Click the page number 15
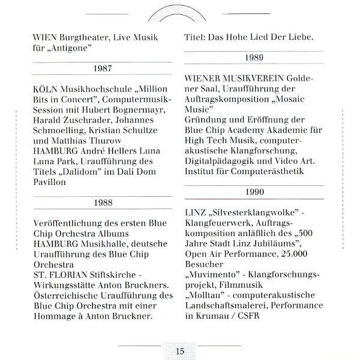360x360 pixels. click(179, 351)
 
